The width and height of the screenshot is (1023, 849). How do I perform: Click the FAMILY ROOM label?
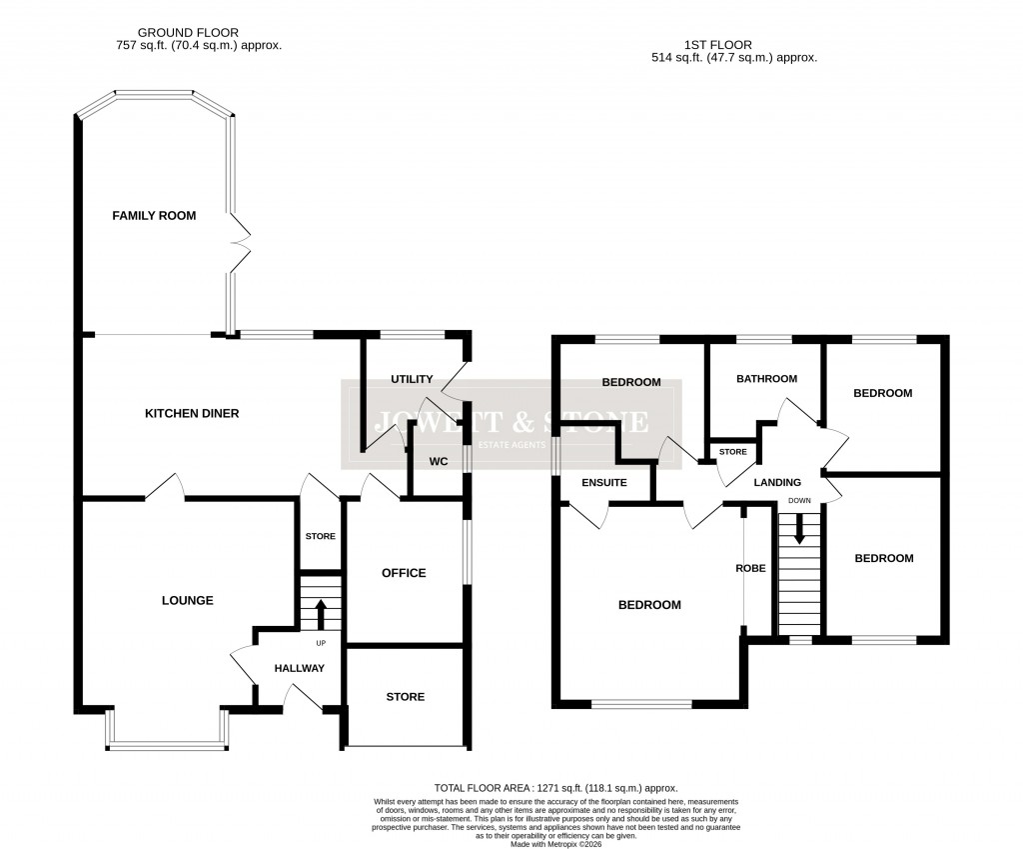[x=154, y=216]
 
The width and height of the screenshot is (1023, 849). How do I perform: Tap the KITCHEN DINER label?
[x=192, y=413]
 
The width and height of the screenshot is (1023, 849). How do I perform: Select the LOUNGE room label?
[x=188, y=601]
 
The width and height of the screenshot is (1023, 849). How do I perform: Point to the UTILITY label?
[x=412, y=379]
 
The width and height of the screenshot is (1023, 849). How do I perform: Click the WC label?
[x=438, y=462]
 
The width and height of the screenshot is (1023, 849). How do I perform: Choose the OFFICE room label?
[x=404, y=573]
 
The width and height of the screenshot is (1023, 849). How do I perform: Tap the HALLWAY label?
[x=299, y=669]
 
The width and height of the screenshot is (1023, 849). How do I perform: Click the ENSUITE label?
[x=604, y=483]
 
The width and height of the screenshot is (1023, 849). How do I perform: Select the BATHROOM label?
[x=766, y=379]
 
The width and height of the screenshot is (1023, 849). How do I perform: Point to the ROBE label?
[x=750, y=568]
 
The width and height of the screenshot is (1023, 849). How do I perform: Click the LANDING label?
[x=777, y=483]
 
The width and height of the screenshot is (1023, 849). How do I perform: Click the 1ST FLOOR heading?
[x=718, y=45]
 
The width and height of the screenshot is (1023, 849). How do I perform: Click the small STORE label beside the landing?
[x=733, y=452]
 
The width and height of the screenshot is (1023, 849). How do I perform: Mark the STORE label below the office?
[x=405, y=697]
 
